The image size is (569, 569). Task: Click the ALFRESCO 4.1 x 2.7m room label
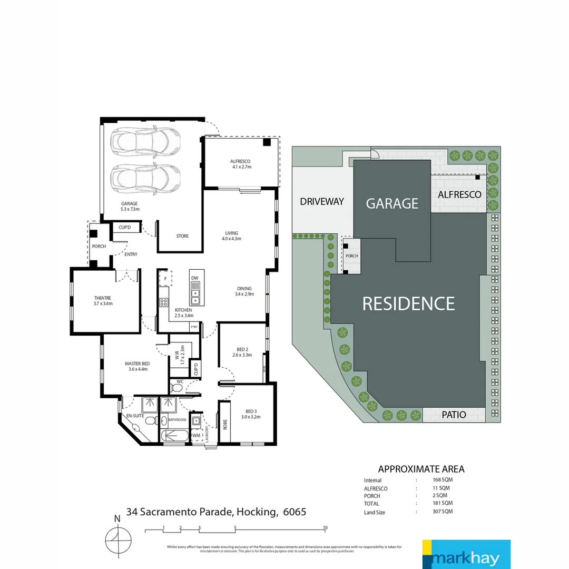click(x=241, y=164)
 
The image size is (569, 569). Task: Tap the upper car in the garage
click(x=145, y=141)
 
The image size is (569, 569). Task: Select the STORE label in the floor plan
click(x=182, y=236)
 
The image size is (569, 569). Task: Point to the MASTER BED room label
click(x=136, y=366)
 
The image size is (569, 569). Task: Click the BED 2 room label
click(x=242, y=351)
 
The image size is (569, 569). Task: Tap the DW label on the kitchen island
click(x=194, y=278)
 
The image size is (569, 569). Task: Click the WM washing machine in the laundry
click(x=196, y=435)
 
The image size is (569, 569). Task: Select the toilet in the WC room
click(x=178, y=388)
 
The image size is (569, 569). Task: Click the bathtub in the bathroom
click(x=173, y=436)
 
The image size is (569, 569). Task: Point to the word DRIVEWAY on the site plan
click(x=322, y=201)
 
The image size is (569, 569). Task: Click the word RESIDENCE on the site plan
click(x=408, y=303)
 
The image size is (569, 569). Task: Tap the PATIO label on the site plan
click(x=454, y=415)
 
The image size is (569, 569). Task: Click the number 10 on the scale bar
click(x=326, y=527)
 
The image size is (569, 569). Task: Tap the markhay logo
click(x=466, y=554)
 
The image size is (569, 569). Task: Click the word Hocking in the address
click(x=258, y=512)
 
